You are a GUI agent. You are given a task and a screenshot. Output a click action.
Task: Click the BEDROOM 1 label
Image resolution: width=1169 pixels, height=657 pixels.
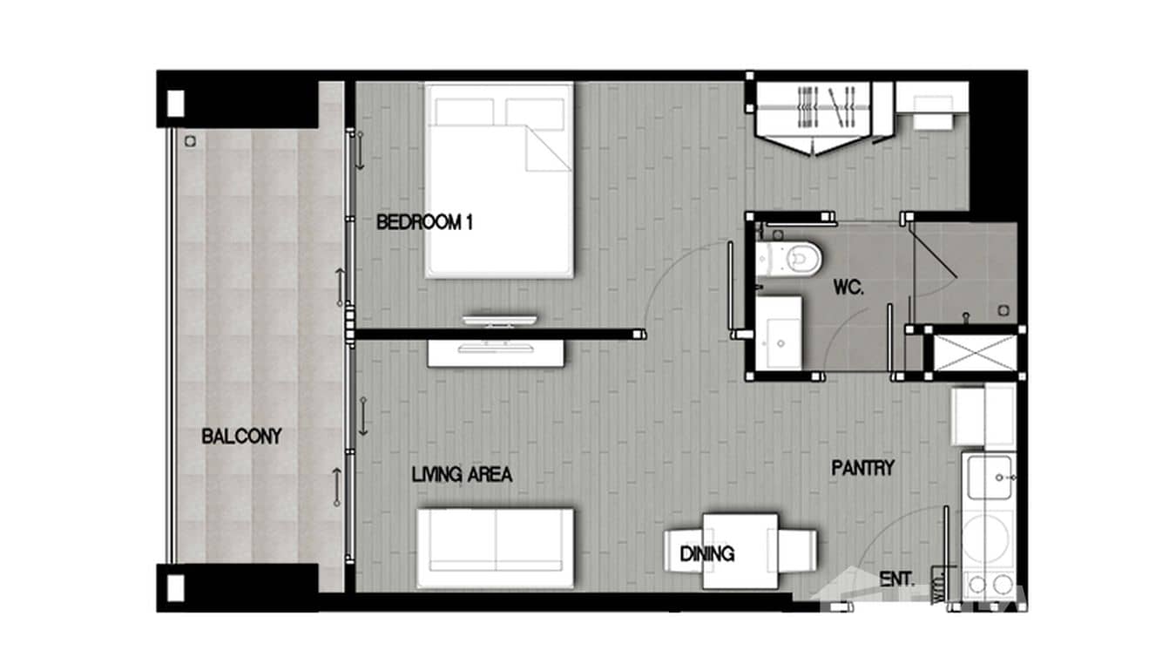423,222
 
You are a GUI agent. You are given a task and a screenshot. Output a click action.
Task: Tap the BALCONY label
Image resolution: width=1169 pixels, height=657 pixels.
241,436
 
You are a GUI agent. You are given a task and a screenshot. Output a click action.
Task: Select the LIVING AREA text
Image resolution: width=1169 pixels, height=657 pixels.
461,475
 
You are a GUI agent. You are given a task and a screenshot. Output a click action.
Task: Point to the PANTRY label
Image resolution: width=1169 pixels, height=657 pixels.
862,468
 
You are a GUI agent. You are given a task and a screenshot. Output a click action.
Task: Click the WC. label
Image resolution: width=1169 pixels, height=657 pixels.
848,288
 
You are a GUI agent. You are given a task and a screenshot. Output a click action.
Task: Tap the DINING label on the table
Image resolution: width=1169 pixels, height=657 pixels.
706,553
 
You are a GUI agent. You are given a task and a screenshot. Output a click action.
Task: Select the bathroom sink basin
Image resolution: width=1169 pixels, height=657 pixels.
780,334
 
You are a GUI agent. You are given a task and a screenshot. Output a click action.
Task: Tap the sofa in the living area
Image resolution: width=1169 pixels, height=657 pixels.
495,547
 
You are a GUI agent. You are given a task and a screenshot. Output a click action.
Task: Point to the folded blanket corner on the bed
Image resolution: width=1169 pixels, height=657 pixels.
546,148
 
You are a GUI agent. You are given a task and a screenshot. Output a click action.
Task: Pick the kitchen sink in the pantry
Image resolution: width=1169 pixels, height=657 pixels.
989,478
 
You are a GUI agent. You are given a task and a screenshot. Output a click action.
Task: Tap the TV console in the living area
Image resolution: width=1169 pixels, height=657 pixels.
495,353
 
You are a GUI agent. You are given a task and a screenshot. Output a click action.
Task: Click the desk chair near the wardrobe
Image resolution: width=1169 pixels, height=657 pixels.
932,119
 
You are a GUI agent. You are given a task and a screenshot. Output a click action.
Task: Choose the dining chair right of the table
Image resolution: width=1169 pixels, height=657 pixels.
798,551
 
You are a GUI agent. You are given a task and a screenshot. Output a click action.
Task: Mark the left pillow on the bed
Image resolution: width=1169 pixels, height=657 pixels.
464,112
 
